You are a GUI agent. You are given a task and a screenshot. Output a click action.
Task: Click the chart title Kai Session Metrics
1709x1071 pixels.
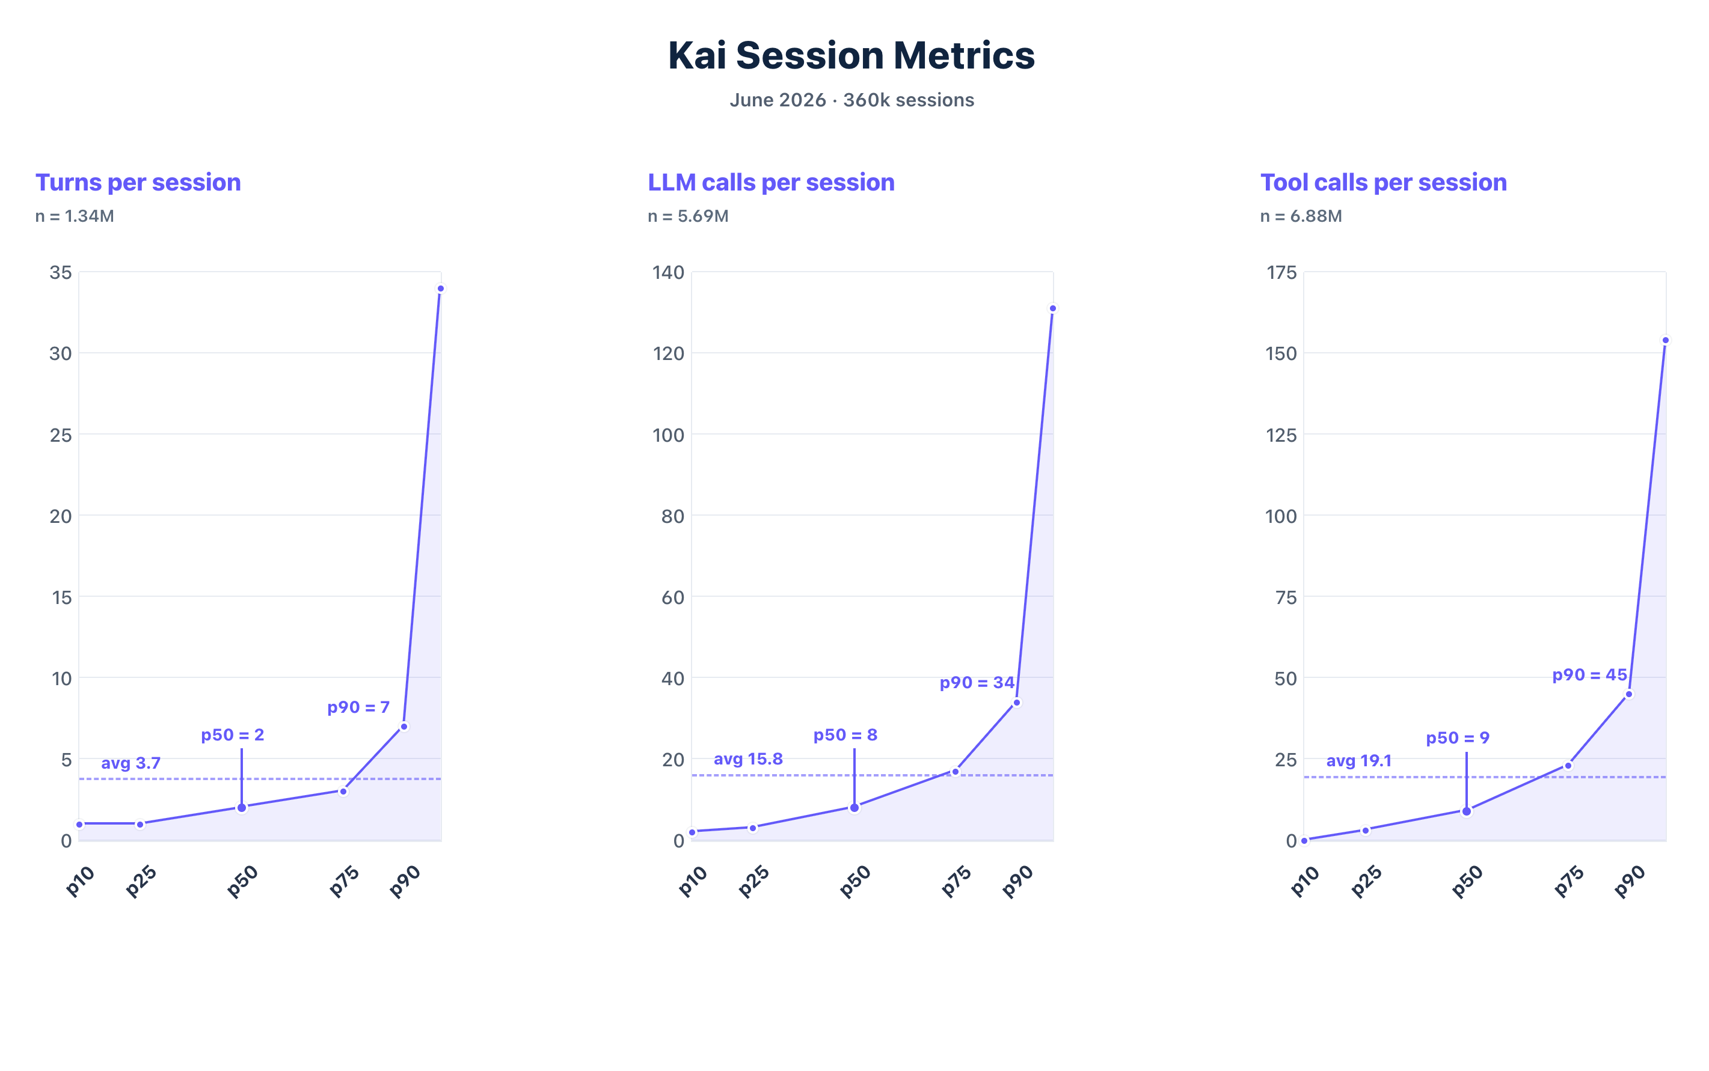(851, 55)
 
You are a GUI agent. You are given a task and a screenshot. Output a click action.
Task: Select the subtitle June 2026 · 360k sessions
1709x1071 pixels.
(851, 100)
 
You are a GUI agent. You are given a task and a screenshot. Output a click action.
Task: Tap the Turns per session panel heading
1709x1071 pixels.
(138, 182)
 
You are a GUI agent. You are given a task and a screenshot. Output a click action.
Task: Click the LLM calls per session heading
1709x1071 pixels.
(771, 182)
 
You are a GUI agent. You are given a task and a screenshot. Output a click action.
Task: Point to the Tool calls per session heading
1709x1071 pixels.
(1383, 182)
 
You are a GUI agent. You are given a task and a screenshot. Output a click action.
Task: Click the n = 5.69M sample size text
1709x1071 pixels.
(688, 216)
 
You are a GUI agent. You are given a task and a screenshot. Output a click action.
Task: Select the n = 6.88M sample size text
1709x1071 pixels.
(1301, 216)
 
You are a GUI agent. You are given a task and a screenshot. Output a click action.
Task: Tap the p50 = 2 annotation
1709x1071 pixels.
(232, 735)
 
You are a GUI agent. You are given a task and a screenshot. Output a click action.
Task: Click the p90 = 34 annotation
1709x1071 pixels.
(977, 683)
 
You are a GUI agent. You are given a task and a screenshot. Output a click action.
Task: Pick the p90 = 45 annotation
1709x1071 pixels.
(1589, 675)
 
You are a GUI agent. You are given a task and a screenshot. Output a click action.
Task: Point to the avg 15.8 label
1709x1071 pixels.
(748, 759)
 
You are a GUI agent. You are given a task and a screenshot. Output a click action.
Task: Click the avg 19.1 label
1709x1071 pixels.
(1359, 761)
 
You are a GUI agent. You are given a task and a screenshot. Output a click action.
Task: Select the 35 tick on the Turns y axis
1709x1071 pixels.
(60, 273)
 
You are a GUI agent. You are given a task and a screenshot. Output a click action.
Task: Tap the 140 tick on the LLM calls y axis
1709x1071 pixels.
(668, 273)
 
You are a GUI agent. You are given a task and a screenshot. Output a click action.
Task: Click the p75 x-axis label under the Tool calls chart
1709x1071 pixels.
(1569, 882)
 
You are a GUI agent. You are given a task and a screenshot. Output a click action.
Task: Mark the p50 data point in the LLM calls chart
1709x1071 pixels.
(854, 808)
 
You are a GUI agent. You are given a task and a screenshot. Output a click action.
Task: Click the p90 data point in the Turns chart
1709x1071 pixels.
(404, 727)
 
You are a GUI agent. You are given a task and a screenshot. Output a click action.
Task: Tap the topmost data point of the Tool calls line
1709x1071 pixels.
(1666, 340)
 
